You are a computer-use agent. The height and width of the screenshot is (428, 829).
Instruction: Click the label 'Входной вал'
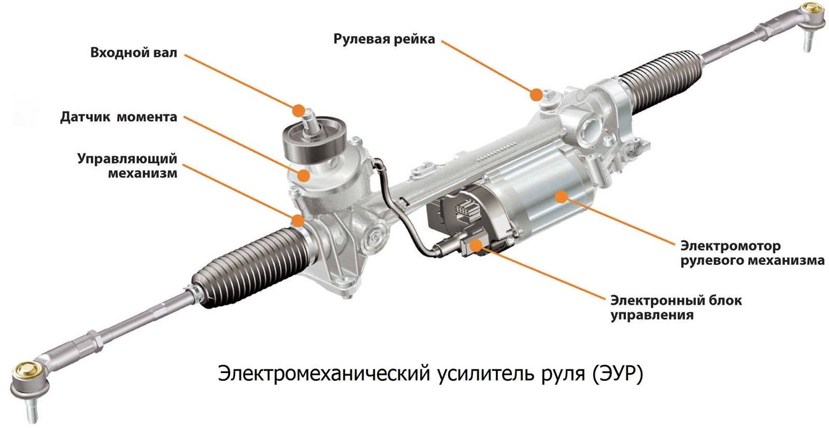point(133,53)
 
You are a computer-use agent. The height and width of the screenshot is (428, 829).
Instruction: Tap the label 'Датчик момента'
point(118,117)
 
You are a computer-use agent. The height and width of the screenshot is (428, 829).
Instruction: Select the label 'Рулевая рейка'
point(384,39)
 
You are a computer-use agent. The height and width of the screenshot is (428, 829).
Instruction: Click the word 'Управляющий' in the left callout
point(127,159)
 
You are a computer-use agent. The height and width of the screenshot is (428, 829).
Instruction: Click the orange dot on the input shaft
point(298,110)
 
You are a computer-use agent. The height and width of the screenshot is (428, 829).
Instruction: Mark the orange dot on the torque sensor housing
point(304,175)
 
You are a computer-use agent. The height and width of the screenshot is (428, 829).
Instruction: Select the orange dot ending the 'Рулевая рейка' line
point(536,94)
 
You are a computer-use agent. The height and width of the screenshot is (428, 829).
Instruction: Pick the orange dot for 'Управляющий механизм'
point(298,220)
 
